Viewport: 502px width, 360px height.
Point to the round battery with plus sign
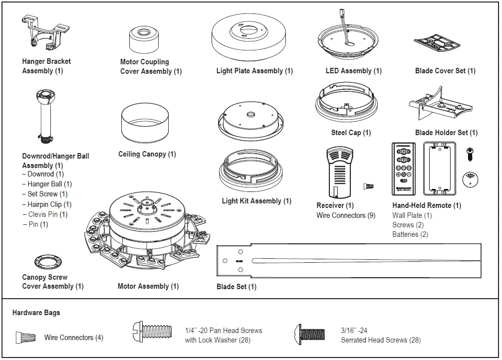(x=470, y=179)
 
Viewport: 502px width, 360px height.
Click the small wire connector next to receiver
(x=369, y=186)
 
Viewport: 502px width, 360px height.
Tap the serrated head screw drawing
(x=310, y=333)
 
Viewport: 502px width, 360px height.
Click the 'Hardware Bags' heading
(x=36, y=313)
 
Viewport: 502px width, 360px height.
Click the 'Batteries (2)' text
(x=410, y=234)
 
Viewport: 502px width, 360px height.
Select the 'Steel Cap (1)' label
(x=351, y=133)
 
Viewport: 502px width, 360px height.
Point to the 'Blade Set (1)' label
(x=237, y=287)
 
